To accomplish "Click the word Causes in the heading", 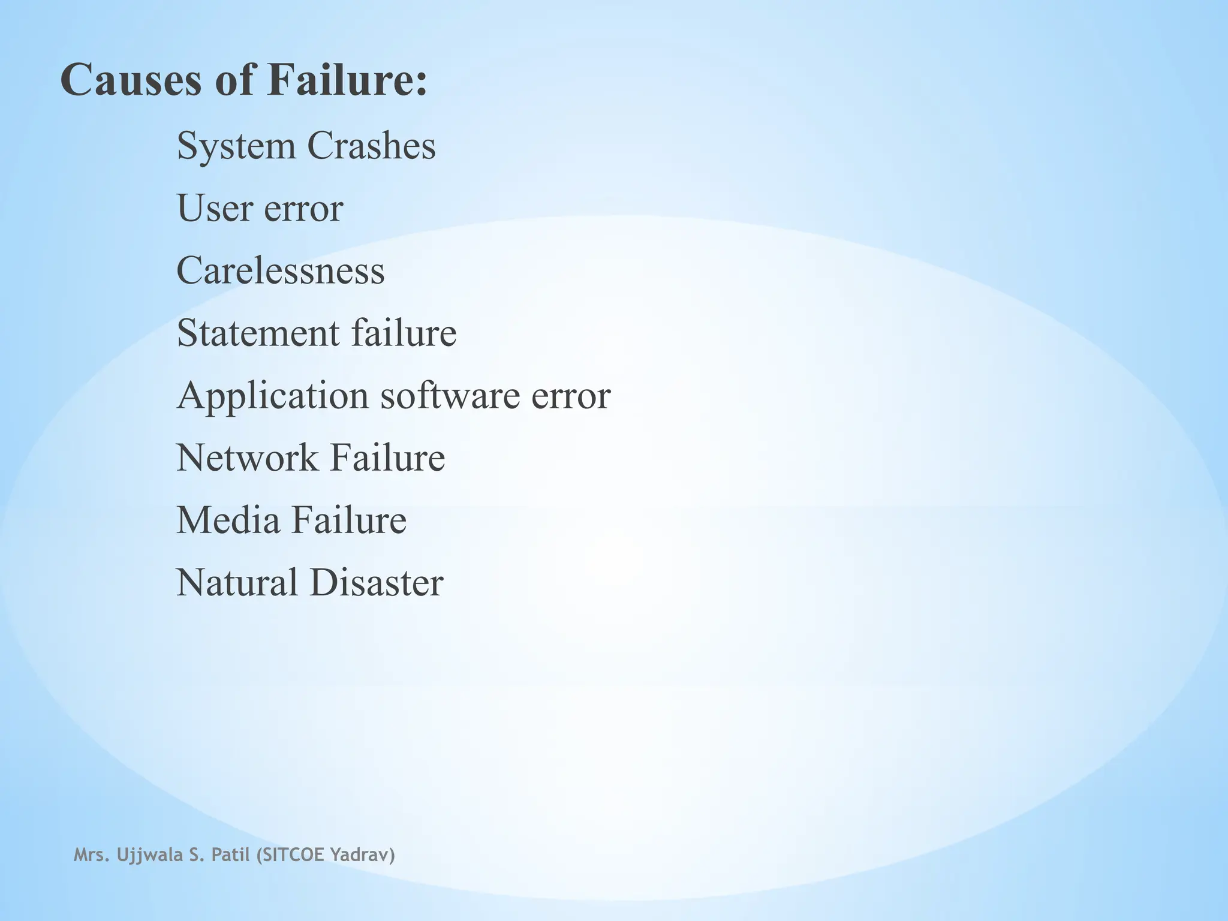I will tap(131, 80).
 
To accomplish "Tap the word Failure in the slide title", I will tap(348, 80).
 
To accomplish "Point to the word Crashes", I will tap(371, 146).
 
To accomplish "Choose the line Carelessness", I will tap(281, 270).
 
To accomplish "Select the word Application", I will tap(273, 396).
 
